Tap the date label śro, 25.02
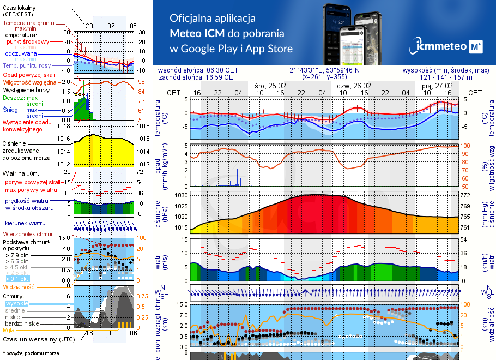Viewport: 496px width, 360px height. coord(271,86)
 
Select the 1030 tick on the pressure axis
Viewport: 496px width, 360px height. coord(181,195)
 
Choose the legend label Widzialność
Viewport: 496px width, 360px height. coord(19,286)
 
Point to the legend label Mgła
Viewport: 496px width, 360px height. coord(8,330)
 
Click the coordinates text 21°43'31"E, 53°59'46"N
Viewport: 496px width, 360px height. coord(324,70)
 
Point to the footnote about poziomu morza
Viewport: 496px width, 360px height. coord(31,353)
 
